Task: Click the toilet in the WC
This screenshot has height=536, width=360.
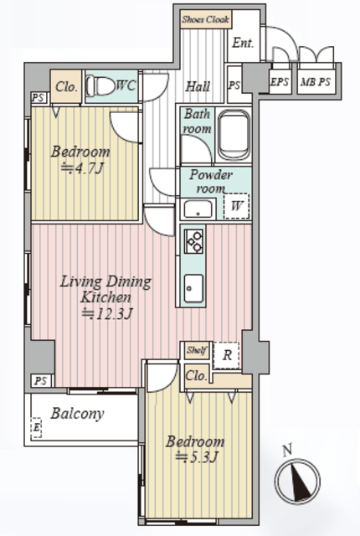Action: pos(100,85)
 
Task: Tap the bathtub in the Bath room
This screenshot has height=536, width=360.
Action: pos(234,135)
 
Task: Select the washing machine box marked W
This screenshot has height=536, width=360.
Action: pos(236,206)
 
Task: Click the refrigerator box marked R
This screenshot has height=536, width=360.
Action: pos(226,355)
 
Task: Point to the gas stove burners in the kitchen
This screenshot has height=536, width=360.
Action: pos(193,241)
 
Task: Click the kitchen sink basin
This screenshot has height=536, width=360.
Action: pos(193,288)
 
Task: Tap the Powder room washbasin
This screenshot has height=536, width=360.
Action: pos(198,209)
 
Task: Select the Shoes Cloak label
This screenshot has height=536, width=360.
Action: pos(206,19)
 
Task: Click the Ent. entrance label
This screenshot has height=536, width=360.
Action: pos(243,43)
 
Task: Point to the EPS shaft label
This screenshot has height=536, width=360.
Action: pos(280,82)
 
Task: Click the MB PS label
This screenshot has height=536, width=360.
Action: pos(316,82)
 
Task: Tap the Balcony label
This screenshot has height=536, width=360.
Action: pos(77,414)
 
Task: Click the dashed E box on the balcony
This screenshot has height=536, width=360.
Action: pos(36,428)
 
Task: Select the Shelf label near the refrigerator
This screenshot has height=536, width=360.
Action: pos(197,350)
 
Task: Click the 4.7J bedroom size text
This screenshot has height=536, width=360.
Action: pos(82,169)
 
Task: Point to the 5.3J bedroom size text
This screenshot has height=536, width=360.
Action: pos(196,457)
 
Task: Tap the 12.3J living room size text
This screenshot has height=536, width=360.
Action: pos(107,314)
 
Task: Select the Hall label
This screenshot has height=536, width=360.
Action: pos(198,86)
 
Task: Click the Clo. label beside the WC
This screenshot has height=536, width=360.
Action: pos(66,87)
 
